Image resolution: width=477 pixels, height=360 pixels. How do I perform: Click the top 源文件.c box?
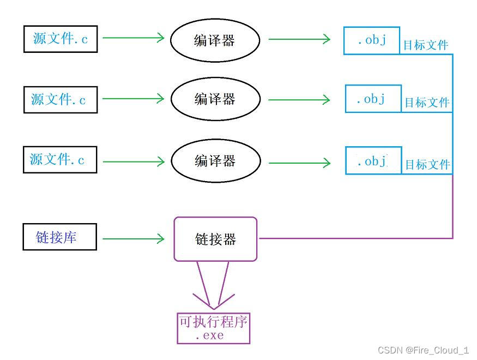(61, 39)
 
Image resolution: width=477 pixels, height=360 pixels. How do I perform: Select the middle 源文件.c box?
(61, 99)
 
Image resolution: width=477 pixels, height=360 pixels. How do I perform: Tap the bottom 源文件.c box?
(60, 160)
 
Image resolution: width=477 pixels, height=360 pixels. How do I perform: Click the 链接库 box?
(59, 237)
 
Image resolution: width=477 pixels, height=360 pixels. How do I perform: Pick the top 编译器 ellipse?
(214, 40)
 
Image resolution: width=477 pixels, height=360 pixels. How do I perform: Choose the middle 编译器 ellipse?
(214, 99)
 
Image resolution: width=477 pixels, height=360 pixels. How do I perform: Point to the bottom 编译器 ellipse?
(214, 161)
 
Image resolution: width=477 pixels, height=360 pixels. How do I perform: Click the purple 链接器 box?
(215, 239)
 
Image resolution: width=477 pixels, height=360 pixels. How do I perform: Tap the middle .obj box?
(373, 99)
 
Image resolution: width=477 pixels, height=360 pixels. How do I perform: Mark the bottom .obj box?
(373, 161)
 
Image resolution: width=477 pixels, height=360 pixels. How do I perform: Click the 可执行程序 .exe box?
(213, 328)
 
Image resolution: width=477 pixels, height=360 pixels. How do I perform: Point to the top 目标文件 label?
(426, 45)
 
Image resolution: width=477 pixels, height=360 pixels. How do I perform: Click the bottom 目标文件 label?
(427, 164)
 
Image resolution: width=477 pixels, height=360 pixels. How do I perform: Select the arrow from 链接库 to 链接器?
(134, 238)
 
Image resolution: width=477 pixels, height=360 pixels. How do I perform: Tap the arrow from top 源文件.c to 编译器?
(134, 38)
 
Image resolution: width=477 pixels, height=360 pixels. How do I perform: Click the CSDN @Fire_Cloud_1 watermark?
(423, 350)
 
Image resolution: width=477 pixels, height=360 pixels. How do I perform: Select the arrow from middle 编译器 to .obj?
(300, 100)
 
